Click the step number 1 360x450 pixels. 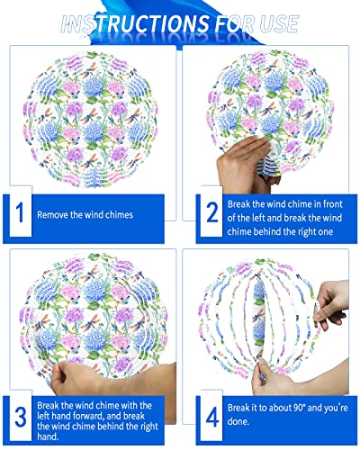20,212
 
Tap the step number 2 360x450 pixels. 212,212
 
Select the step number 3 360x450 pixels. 21,417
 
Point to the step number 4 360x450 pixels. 212,418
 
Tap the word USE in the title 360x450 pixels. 279,23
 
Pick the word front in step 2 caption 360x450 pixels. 333,204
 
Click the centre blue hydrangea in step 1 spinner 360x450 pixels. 94,131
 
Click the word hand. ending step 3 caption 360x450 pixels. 48,436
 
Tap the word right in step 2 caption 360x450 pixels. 305,231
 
